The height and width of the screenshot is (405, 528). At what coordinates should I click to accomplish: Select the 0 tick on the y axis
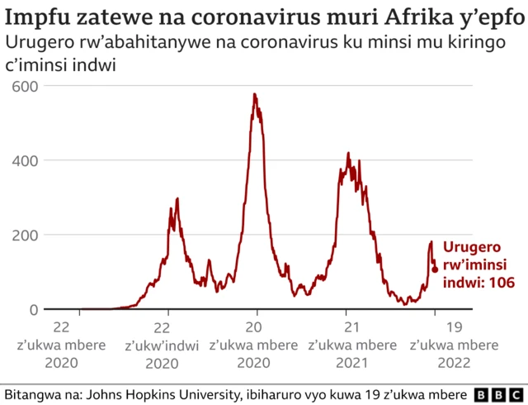(x=31, y=310)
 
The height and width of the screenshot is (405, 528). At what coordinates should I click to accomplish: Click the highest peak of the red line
(x=254, y=94)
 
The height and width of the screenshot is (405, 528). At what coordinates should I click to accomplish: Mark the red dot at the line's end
(x=435, y=269)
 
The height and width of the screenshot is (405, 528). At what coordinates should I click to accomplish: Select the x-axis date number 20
(x=257, y=326)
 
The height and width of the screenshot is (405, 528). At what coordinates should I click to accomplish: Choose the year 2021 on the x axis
(x=352, y=363)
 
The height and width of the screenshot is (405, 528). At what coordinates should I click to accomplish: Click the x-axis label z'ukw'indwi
(x=168, y=345)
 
